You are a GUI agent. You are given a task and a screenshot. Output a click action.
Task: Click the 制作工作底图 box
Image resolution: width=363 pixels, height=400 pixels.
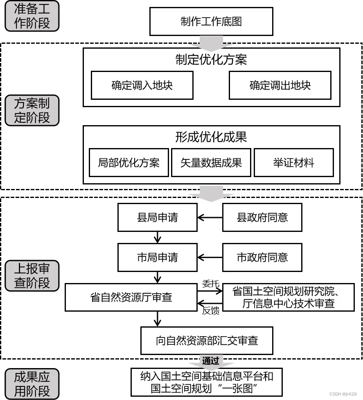(211, 21)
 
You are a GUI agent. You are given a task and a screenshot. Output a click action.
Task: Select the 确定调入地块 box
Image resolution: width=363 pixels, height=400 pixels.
(142, 85)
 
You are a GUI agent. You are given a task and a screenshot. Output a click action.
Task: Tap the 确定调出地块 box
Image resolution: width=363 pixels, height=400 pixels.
(280, 85)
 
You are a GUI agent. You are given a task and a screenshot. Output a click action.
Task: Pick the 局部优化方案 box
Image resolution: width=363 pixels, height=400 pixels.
(129, 162)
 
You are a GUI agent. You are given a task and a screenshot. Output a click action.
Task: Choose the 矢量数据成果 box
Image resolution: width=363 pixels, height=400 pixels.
(211, 162)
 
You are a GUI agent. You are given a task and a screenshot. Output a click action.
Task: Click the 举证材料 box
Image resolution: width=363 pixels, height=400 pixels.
(293, 162)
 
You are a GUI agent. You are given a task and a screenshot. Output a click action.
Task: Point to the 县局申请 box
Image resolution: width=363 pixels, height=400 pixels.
(158, 217)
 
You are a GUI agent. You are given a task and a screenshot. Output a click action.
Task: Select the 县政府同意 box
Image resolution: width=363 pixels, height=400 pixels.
(262, 217)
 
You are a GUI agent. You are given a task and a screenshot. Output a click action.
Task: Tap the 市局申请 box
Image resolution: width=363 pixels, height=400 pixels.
(158, 257)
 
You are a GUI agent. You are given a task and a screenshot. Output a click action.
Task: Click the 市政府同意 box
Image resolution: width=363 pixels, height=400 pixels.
(262, 257)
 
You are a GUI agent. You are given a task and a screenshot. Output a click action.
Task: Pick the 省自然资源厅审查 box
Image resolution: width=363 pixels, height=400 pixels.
(131, 297)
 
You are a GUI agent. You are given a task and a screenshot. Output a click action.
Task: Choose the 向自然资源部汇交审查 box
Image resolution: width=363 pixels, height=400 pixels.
(207, 340)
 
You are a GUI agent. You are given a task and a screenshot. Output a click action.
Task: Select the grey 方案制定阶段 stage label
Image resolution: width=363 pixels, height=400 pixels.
(32, 110)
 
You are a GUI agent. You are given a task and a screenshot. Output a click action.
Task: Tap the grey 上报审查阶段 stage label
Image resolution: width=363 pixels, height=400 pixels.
(32, 276)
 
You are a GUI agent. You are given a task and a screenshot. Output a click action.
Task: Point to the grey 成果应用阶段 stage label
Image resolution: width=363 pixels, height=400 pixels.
(32, 384)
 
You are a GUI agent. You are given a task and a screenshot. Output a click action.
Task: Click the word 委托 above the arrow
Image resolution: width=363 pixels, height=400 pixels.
(211, 283)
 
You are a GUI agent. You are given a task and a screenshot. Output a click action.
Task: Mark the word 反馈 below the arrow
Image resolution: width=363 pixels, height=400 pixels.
(211, 311)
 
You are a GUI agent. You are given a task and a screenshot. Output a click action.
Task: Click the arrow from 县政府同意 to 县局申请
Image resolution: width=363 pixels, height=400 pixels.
(210, 217)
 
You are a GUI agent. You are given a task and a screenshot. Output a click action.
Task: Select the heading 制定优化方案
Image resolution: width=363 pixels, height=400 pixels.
(211, 60)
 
